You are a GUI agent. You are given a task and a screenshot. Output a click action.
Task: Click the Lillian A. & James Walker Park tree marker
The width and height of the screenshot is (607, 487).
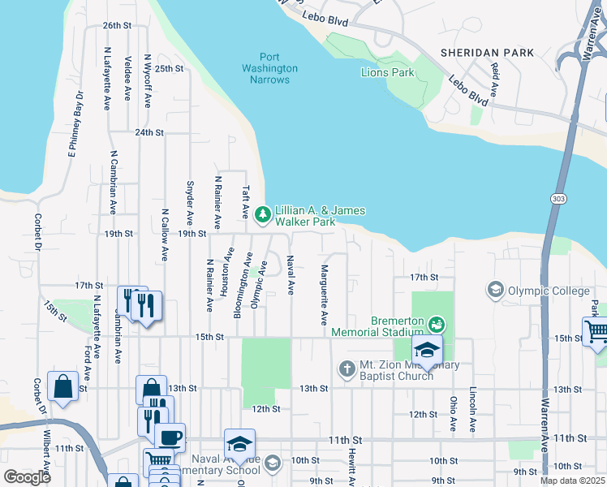pyautogui.click(x=262, y=214)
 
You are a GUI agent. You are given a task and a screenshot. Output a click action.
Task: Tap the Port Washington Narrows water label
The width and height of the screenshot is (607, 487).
pyautogui.click(x=269, y=68)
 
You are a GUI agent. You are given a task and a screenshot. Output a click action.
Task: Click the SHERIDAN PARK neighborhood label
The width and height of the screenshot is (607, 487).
pyautogui.click(x=487, y=53)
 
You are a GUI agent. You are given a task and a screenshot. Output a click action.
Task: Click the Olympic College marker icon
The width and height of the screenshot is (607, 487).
pyautogui.click(x=494, y=289)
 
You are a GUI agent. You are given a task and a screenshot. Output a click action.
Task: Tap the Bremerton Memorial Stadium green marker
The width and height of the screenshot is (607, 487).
pyautogui.click(x=437, y=325)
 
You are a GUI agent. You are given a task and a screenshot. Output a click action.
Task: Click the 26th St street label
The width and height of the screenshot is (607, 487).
pyautogui.click(x=117, y=26)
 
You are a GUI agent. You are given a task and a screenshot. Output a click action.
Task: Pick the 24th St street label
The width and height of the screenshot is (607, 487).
pyautogui.click(x=149, y=132)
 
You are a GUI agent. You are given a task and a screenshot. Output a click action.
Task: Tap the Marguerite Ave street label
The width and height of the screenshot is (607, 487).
pyautogui.click(x=324, y=295)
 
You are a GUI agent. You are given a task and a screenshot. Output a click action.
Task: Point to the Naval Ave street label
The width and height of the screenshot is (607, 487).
pyautogui.click(x=290, y=274)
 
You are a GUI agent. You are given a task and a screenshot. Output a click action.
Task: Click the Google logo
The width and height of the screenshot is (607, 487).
pyautogui.click(x=27, y=476)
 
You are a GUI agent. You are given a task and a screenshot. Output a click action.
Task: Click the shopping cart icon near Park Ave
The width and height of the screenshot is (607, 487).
pyautogui.click(x=596, y=331)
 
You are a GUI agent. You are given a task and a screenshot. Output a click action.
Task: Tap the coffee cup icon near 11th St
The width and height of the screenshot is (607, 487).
pyautogui.click(x=170, y=437)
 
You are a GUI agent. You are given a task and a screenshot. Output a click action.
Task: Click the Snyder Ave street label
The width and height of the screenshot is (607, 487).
pyautogui.click(x=190, y=203)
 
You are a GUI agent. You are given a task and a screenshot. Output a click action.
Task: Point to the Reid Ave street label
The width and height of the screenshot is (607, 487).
pyautogui.click(x=494, y=78)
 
